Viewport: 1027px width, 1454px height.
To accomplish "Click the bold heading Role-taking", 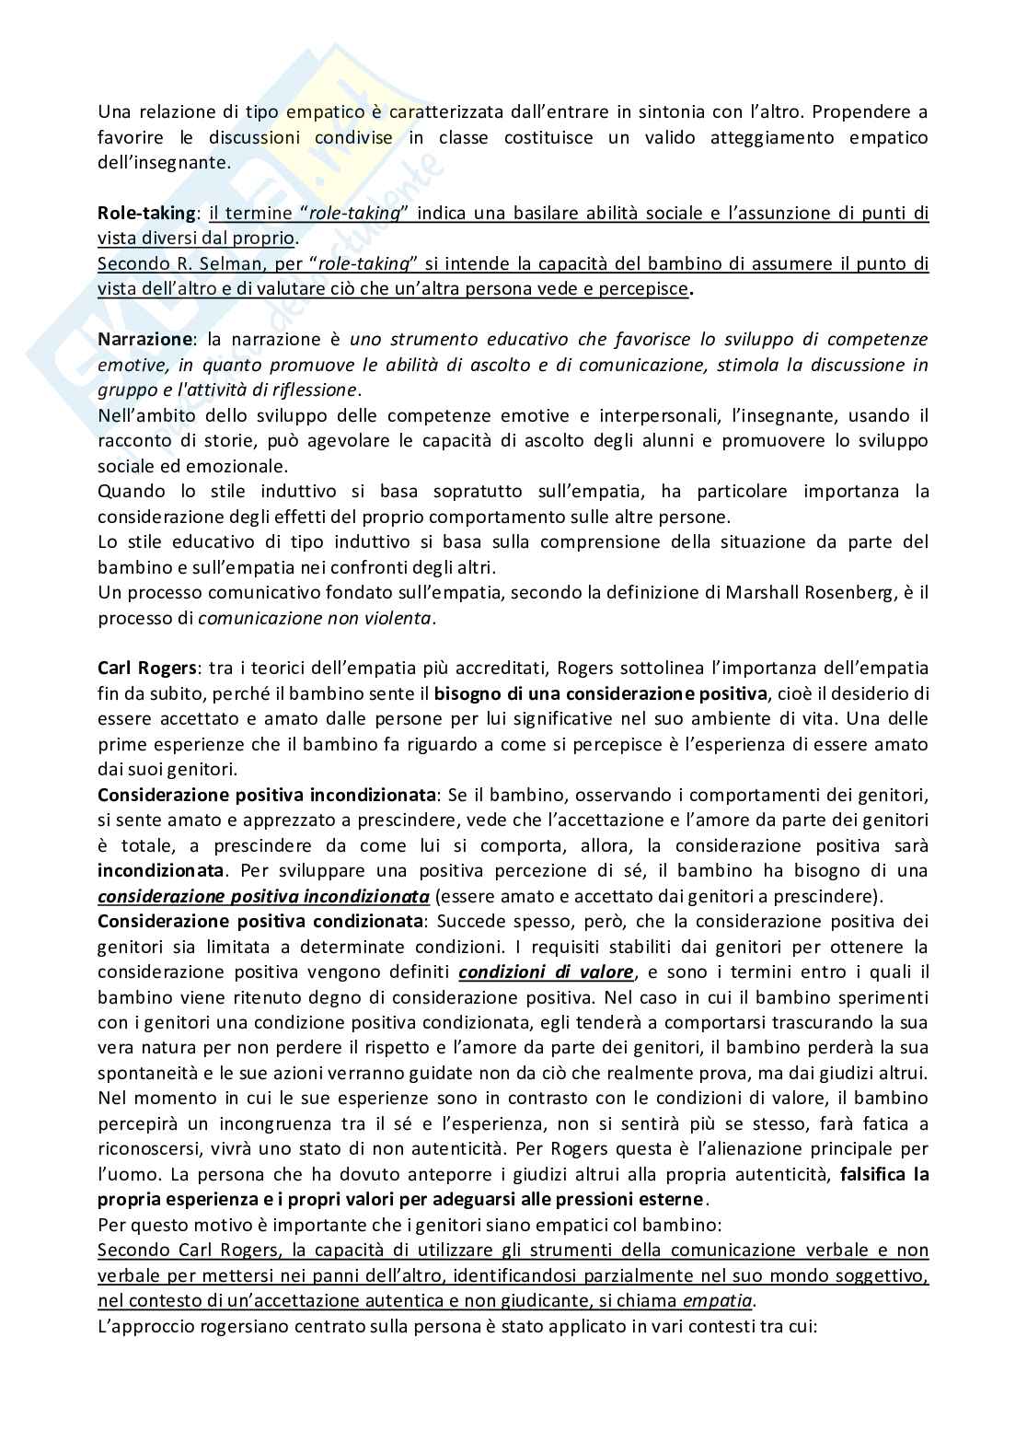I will [x=145, y=214].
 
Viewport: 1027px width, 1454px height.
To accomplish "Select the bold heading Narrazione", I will [x=141, y=340].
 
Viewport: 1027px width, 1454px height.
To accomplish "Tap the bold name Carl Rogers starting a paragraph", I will [x=141, y=668].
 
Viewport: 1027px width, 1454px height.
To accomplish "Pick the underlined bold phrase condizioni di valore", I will [x=546, y=971].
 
